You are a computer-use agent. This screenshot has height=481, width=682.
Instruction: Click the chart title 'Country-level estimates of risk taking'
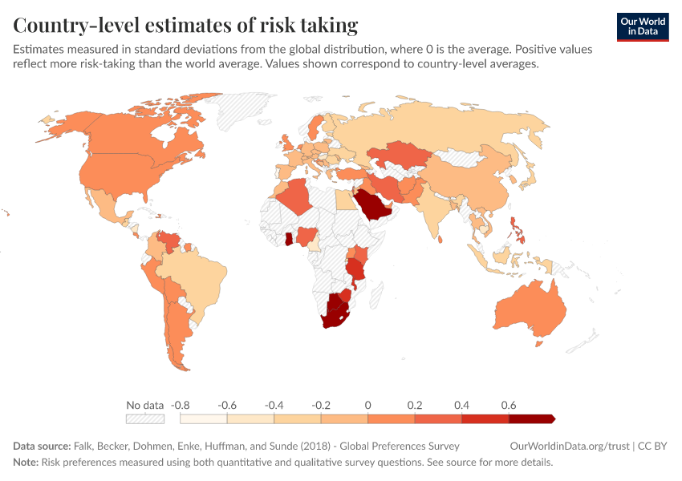pyautogui.click(x=185, y=25)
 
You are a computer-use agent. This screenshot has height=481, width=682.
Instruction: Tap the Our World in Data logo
pyautogui.click(x=642, y=26)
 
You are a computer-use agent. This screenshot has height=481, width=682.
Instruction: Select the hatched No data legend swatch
pyautogui.click(x=144, y=418)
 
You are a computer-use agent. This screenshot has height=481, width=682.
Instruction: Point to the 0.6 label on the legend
pyautogui.click(x=508, y=405)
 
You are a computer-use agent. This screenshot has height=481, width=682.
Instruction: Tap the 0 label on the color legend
pyautogui.click(x=367, y=405)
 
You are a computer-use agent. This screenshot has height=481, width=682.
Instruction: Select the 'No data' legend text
pyautogui.click(x=144, y=405)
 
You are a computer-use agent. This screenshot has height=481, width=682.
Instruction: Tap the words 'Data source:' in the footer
pyautogui.click(x=42, y=446)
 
